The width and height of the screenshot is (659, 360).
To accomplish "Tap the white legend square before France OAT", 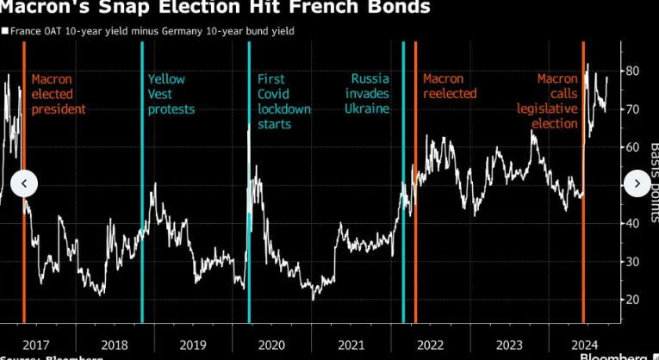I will click(4, 31).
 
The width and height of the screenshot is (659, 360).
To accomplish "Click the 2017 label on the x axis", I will click(34, 344).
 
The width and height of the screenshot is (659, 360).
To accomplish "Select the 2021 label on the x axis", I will click(351, 344).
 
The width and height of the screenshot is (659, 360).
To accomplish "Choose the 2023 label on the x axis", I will click(508, 344).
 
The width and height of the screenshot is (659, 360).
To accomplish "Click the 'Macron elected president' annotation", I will click(59, 94).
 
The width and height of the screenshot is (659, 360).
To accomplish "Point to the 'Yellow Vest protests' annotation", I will click(171, 94).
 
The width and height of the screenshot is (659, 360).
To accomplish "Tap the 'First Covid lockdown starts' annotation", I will click(284, 102).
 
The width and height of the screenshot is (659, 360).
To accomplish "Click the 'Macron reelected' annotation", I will click(449, 86).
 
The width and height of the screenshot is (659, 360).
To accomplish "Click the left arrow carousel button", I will click(24, 183).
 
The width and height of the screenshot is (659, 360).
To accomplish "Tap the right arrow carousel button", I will click(636, 183).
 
